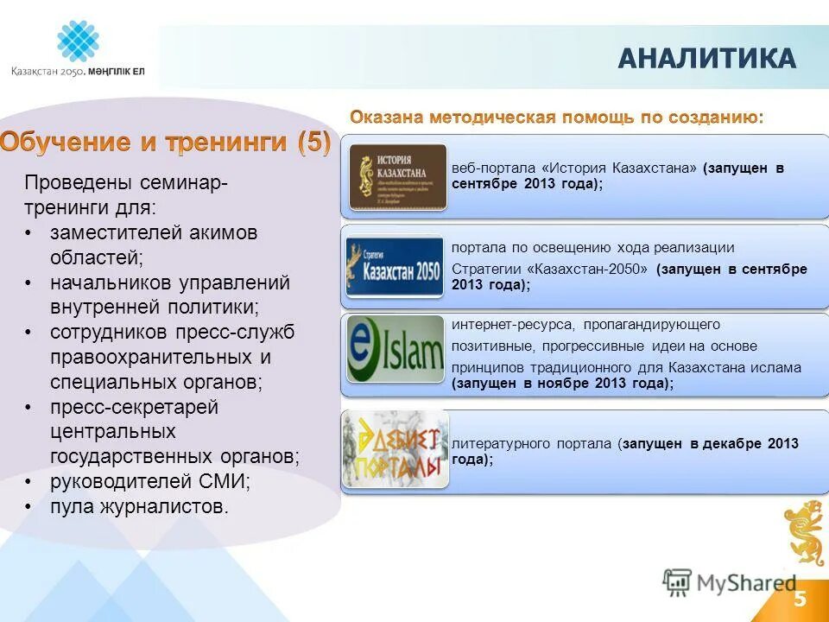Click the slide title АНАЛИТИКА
tap(706, 59)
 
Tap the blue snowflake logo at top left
tap(78, 41)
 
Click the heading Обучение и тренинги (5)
tap(165, 143)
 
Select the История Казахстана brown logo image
tap(397, 177)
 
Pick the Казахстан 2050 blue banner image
tap(395, 266)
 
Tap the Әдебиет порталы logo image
tap(395, 449)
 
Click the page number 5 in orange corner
tap(800, 599)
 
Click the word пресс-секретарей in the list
tap(134, 407)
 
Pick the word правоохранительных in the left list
tap(147, 357)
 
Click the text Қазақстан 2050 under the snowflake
tap(47, 73)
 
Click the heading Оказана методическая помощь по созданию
tap(556, 117)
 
